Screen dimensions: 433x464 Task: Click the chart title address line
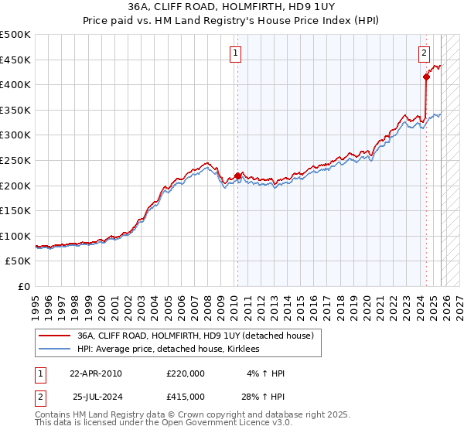pyautogui.click(x=232, y=5)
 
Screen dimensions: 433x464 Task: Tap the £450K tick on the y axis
pyautogui.click(x=15, y=60)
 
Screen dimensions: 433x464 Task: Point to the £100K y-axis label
pyautogui.click(x=15, y=236)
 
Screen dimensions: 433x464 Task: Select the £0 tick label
pyautogui.click(x=23, y=286)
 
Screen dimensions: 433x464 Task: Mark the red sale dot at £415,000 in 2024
pyautogui.click(x=426, y=77)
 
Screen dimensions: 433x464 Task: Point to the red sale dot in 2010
pyautogui.click(x=237, y=176)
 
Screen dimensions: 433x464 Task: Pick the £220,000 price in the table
pyautogui.click(x=186, y=373)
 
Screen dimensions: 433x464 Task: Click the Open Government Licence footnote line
pyautogui.click(x=164, y=423)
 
